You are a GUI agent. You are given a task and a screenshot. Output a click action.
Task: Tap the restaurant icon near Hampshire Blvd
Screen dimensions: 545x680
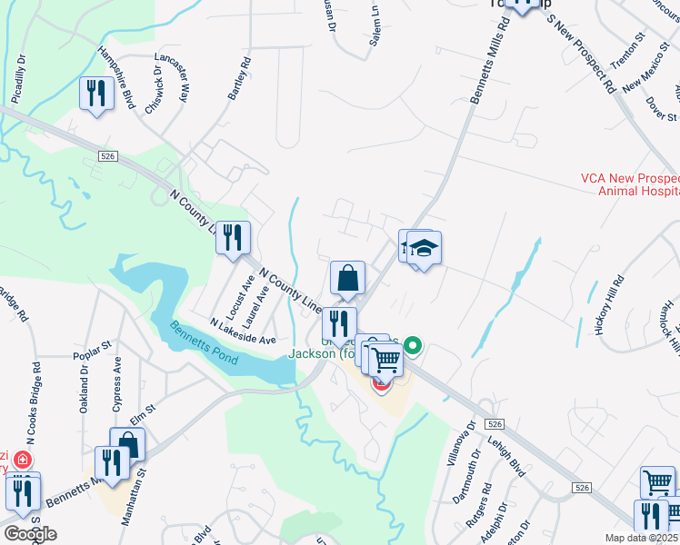pos(96,94)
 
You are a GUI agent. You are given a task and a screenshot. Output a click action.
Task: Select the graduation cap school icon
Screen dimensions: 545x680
pos(423,248)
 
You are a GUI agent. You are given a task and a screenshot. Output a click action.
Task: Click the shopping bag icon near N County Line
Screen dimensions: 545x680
pos(348,278)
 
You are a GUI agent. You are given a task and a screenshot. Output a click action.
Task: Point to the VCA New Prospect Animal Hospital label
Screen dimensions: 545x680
pos(630,184)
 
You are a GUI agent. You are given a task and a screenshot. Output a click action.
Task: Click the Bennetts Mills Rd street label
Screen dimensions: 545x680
pos(487,78)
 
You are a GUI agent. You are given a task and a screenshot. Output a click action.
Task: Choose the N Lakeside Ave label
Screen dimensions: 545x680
pos(242,332)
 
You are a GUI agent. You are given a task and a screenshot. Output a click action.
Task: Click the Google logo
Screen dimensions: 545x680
pos(30,534)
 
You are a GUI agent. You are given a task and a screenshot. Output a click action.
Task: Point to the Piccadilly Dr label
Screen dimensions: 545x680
pos(19,82)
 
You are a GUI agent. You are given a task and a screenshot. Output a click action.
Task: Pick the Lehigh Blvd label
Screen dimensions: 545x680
pos(514,453)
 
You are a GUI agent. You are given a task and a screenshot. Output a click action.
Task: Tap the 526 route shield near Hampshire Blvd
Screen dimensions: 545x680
pos(108,156)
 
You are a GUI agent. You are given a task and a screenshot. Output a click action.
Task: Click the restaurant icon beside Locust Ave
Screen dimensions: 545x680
pos(235,239)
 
